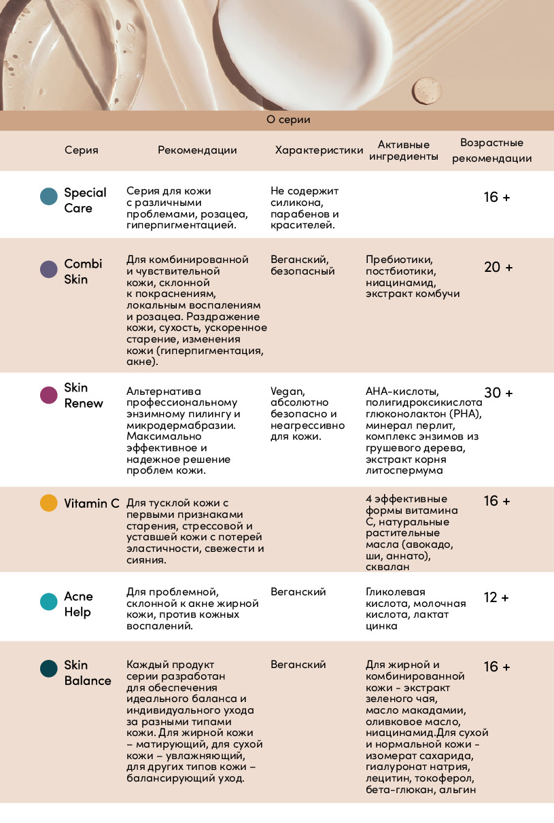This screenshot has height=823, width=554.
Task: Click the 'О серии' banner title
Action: click(x=288, y=120)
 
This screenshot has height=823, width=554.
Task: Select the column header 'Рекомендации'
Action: click(x=197, y=150)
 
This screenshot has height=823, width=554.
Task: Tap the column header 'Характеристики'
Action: click(x=319, y=150)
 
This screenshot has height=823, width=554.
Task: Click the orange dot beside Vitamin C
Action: click(x=48, y=503)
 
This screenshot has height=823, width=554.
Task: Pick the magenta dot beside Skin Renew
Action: click(x=48, y=395)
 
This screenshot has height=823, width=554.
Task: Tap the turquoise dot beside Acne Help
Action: click(x=48, y=602)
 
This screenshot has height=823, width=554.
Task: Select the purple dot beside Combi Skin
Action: click(x=48, y=269)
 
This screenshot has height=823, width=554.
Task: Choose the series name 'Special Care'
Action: click(x=85, y=200)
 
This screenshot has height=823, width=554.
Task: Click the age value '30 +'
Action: click(x=498, y=393)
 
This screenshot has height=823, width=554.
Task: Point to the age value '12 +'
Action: click(x=496, y=598)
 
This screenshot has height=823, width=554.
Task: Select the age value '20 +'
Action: click(x=498, y=267)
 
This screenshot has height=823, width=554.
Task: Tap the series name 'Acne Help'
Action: click(x=78, y=604)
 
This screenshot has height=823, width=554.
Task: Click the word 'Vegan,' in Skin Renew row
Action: click(x=288, y=391)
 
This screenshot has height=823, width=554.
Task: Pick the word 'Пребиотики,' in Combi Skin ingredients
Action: click(x=399, y=259)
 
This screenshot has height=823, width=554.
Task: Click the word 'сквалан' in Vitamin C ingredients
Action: click(x=387, y=567)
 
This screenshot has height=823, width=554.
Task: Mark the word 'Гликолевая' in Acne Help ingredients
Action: click(x=395, y=592)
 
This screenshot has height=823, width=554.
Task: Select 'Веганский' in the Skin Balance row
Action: click(x=298, y=665)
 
